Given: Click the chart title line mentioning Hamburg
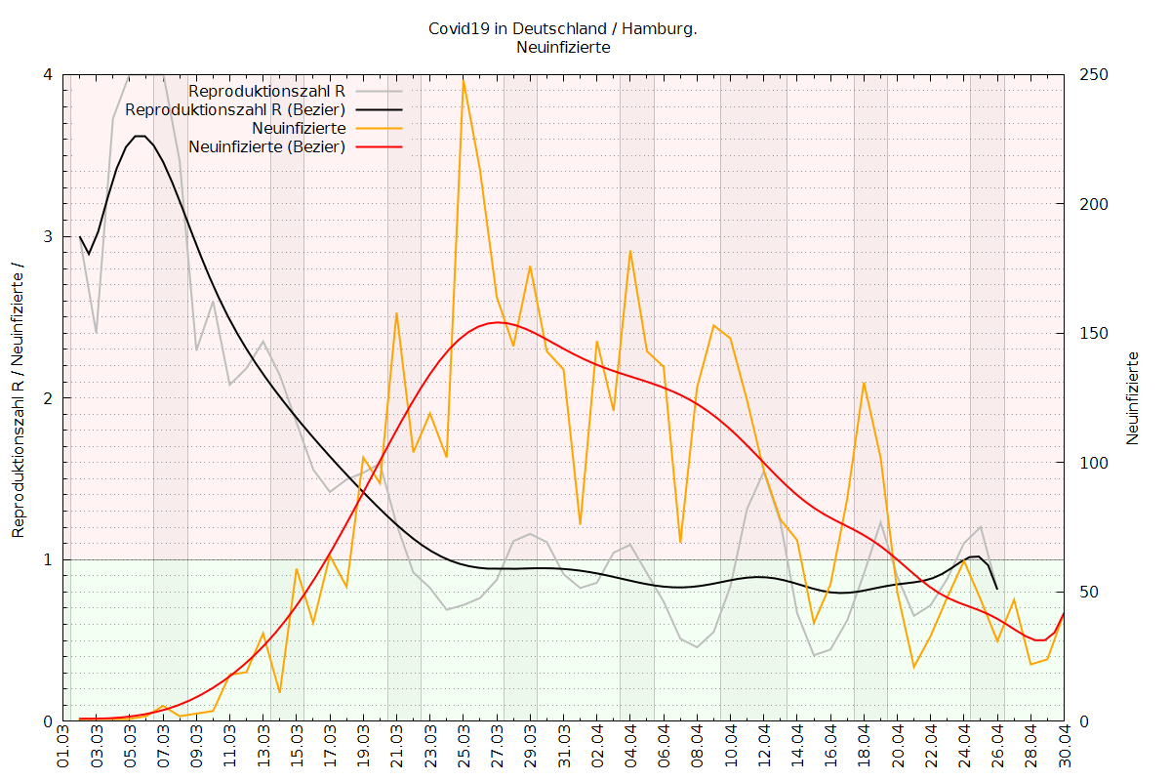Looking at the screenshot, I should (x=563, y=28).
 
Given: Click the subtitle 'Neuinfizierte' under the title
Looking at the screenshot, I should (x=563, y=47).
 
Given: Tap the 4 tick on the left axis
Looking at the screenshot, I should (x=49, y=75).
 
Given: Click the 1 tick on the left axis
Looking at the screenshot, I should (x=49, y=559).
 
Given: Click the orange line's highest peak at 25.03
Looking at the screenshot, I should (x=464, y=77).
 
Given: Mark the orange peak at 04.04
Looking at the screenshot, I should (x=630, y=251).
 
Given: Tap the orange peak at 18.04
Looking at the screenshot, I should (x=864, y=382).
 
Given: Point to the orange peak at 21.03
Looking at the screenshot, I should (x=396, y=312).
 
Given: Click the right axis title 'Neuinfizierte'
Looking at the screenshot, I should (x=1133, y=397).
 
